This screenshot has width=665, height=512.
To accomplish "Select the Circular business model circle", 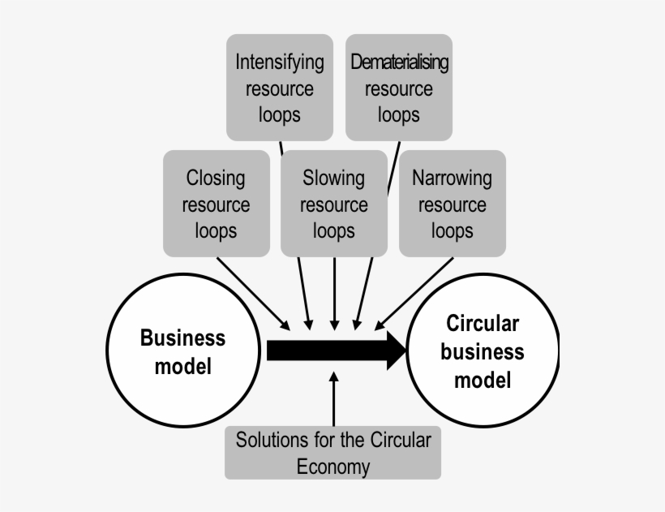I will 483,351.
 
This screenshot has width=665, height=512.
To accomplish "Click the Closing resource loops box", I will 216,204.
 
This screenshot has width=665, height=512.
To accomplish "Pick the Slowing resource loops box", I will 334,204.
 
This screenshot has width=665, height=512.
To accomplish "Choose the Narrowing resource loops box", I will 453,204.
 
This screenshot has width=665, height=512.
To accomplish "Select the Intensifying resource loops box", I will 279,87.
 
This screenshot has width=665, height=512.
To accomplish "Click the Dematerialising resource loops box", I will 399,87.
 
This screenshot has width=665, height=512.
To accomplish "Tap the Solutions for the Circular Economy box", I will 333,453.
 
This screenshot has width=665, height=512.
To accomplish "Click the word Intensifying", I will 279,62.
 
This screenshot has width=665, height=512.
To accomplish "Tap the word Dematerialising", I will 399,62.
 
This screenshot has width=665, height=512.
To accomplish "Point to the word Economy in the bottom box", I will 333,467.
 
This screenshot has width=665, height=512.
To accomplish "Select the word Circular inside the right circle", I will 483,325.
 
